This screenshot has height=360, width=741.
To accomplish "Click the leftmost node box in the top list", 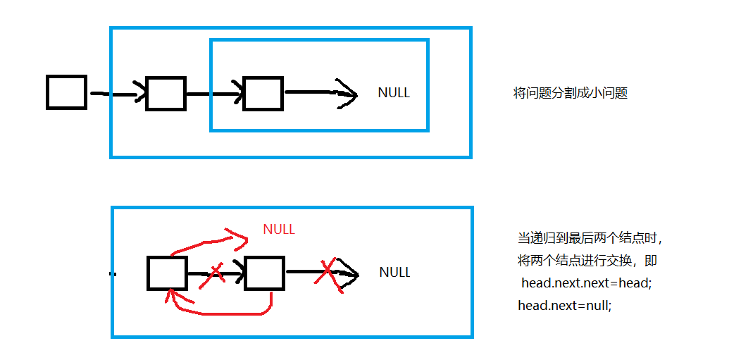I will click(x=66, y=92).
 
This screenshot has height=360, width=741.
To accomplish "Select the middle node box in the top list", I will click(x=166, y=94).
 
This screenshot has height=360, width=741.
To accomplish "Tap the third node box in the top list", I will click(x=263, y=94).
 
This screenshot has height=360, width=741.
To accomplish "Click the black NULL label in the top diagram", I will click(x=394, y=93).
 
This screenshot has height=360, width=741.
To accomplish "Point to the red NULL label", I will click(x=279, y=230).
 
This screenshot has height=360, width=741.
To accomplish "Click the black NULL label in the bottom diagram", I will click(x=394, y=273).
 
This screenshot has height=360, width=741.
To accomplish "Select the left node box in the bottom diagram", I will click(x=168, y=273).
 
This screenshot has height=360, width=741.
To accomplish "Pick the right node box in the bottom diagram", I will click(x=264, y=273).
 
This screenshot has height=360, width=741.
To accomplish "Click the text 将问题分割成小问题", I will click(x=571, y=93).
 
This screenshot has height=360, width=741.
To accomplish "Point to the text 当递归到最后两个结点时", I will click(x=590, y=238).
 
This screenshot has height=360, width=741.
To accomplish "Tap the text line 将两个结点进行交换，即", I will click(x=587, y=261).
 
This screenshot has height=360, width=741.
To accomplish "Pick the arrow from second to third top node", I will click(x=215, y=94).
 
